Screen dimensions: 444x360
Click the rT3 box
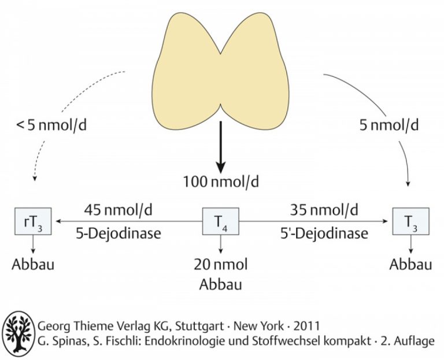click(33, 221)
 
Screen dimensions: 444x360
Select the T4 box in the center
click(221, 221)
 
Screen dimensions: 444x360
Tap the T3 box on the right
click(410, 221)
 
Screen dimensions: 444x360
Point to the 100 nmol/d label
click(221, 181)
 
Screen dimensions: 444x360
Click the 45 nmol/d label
click(118, 210)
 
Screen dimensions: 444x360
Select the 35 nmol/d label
click(324, 210)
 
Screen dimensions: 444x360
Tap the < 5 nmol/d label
click(51, 125)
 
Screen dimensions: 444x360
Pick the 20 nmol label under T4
click(221, 265)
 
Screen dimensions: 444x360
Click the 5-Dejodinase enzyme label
click(119, 234)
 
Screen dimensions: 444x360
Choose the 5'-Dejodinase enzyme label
click(324, 234)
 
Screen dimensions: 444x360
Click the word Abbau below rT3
click(33, 265)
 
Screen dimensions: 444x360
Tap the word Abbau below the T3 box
click(410, 265)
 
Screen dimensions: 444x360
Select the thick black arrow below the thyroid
click(221, 147)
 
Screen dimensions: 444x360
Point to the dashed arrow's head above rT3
click(35, 179)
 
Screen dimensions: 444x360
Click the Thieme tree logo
click(18, 334)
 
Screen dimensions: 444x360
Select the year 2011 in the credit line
click(306, 326)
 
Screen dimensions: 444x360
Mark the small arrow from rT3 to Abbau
click(33, 244)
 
